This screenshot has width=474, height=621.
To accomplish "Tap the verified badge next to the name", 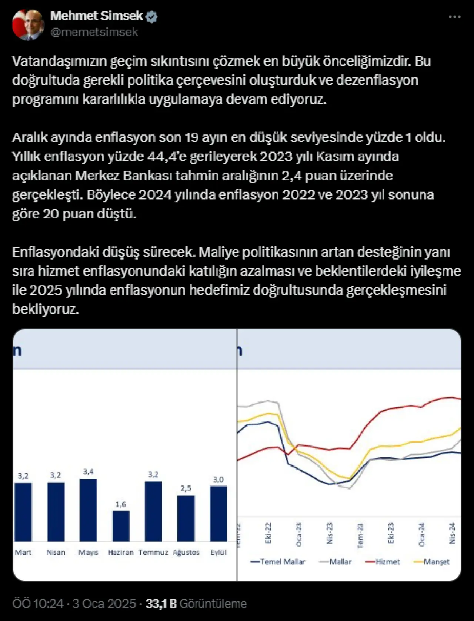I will click(152, 17).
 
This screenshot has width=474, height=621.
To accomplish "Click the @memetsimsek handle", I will click(94, 32).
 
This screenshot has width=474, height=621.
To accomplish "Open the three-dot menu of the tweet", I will click(454, 17).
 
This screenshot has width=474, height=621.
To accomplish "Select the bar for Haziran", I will click(121, 526).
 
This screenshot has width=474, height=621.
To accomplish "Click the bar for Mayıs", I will click(88, 510).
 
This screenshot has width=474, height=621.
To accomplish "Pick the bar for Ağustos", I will click(186, 518).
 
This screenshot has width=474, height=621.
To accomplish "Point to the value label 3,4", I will click(88, 472).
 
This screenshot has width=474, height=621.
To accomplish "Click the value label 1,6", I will click(121, 504).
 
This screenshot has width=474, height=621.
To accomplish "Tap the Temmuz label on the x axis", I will click(153, 552).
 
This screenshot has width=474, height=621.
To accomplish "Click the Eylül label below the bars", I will click(218, 552).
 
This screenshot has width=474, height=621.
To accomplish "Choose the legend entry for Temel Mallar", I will click(278, 562).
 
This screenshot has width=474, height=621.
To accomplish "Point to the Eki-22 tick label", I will click(268, 533).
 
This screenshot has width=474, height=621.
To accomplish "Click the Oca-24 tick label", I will click(421, 534).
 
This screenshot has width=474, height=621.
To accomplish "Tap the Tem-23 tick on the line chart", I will click(360, 535).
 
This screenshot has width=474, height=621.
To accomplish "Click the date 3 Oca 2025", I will click(104, 604).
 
